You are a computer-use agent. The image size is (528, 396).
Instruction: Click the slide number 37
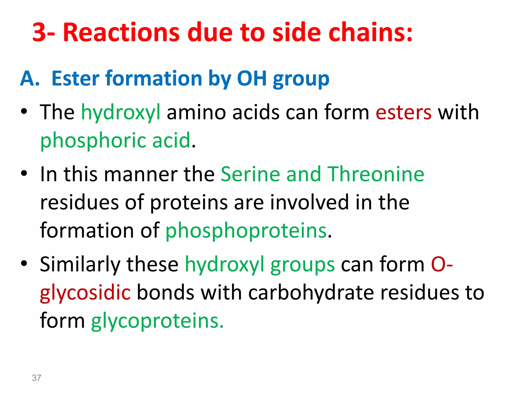[36, 378]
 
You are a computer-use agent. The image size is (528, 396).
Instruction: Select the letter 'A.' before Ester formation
[30, 78]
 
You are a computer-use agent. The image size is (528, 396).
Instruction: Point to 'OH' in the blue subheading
[252, 78]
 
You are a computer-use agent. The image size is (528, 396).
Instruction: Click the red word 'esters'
[403, 112]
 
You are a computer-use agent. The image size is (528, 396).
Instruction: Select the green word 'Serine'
[250, 174]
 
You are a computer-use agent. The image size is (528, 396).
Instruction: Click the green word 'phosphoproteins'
[246, 230]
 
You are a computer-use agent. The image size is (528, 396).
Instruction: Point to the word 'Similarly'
[80, 265]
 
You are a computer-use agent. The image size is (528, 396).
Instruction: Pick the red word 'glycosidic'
[85, 293]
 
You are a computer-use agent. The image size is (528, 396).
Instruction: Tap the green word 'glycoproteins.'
[157, 321]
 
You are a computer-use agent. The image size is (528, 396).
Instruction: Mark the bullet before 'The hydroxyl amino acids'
[24, 112]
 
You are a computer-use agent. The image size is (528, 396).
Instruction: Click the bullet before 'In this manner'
[24, 174]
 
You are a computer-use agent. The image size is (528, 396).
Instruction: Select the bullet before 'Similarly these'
[24, 263]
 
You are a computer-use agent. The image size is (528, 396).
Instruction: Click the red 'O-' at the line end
[442, 265]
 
